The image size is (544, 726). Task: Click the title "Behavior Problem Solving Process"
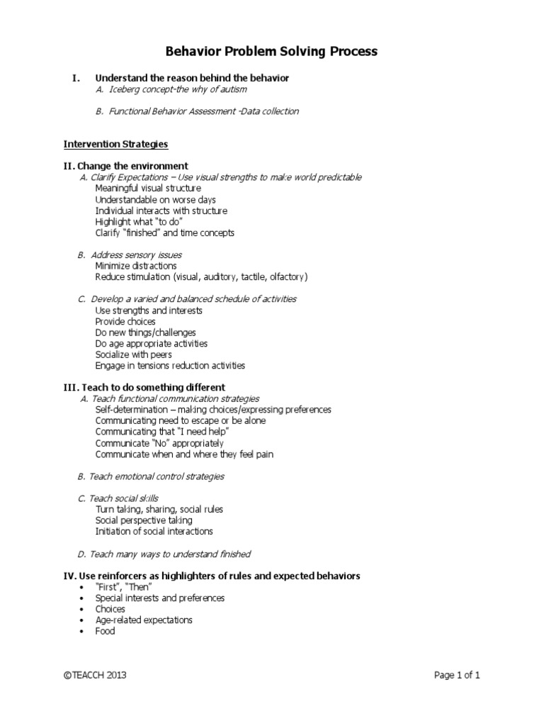click(272, 52)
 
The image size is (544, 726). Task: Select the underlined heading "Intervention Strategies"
click(115, 144)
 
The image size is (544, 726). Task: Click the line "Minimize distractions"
click(136, 266)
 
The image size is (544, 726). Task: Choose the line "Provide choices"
click(125, 321)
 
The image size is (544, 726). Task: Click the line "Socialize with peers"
click(133, 354)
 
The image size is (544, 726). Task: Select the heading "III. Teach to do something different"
click(144, 387)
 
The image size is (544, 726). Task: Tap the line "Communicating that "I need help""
click(162, 432)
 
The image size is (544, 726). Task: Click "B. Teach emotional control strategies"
click(150, 476)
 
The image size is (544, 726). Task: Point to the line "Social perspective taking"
click(143, 520)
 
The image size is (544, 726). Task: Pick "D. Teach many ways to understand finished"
click(164, 554)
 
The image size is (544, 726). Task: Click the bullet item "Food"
click(105, 631)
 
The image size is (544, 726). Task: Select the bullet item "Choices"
click(110, 609)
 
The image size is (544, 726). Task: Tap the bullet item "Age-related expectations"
click(144, 620)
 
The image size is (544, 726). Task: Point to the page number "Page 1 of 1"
click(457, 676)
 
